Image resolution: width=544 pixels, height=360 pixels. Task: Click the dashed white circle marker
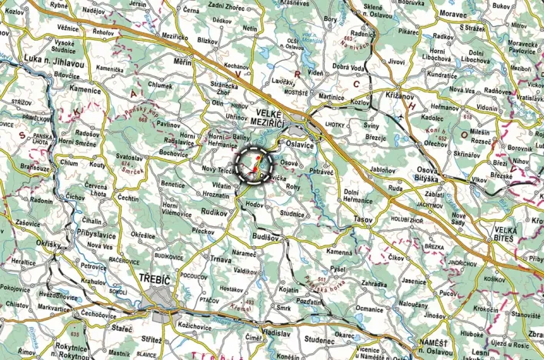point(255,164)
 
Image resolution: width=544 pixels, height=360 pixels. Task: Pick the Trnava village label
point(221,260)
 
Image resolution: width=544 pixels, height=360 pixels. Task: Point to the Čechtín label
point(128,198)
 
